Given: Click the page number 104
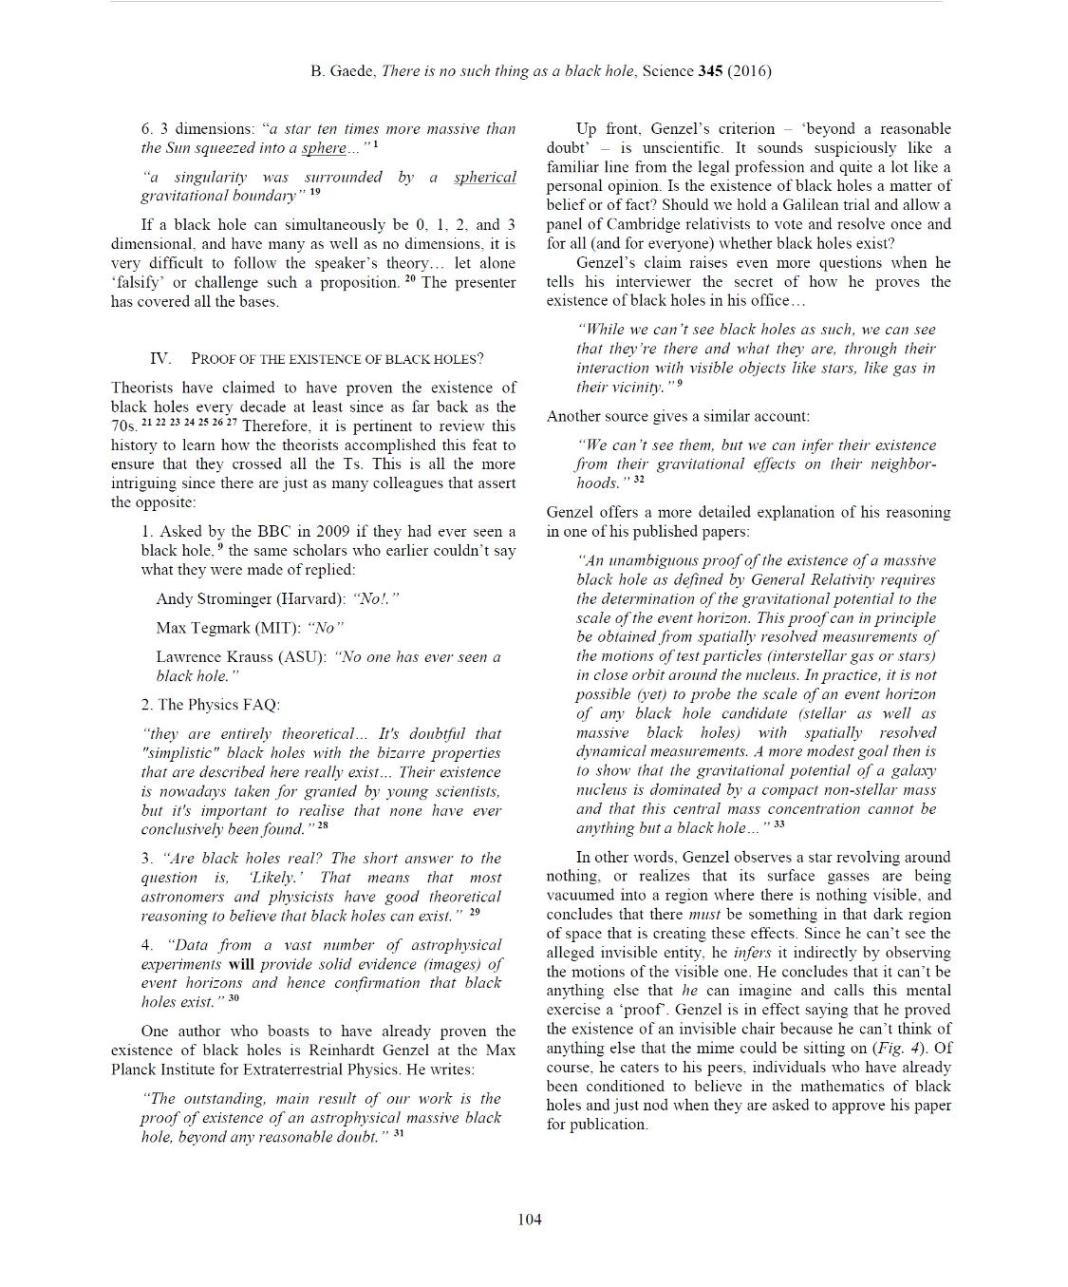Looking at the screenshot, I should (x=530, y=1220).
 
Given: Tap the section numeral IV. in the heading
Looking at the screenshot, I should (x=160, y=358).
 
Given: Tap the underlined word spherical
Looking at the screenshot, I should (x=485, y=178).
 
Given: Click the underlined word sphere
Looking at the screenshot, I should (x=324, y=149).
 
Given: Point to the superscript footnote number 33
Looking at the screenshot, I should (x=779, y=824).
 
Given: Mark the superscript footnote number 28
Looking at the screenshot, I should (x=323, y=825).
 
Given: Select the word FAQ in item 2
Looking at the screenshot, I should (x=262, y=705).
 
